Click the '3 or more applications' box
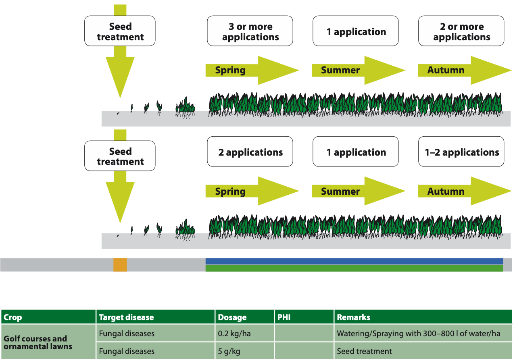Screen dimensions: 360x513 [x=250, y=31]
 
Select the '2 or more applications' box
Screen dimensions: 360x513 [x=461, y=31]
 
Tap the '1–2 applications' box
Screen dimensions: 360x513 [x=461, y=152]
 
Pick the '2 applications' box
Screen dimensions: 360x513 [x=250, y=152]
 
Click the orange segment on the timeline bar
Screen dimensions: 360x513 [x=120, y=265]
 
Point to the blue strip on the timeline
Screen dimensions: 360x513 [x=354, y=261]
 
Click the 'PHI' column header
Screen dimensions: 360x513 [x=304, y=317]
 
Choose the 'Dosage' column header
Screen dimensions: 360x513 [x=244, y=317]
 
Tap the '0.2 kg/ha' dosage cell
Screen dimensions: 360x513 [x=244, y=334]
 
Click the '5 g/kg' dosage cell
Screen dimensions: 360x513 [x=244, y=351]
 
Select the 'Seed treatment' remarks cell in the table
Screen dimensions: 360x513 [x=423, y=351]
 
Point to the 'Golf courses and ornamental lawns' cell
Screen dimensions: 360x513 [x=48, y=342]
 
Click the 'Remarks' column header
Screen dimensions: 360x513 [x=423, y=317]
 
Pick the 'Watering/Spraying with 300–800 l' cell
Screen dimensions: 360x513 [x=423, y=334]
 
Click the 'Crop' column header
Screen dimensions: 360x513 [x=48, y=317]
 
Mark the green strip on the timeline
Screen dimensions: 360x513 [x=354, y=268]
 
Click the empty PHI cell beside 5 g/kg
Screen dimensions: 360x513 [x=304, y=351]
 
